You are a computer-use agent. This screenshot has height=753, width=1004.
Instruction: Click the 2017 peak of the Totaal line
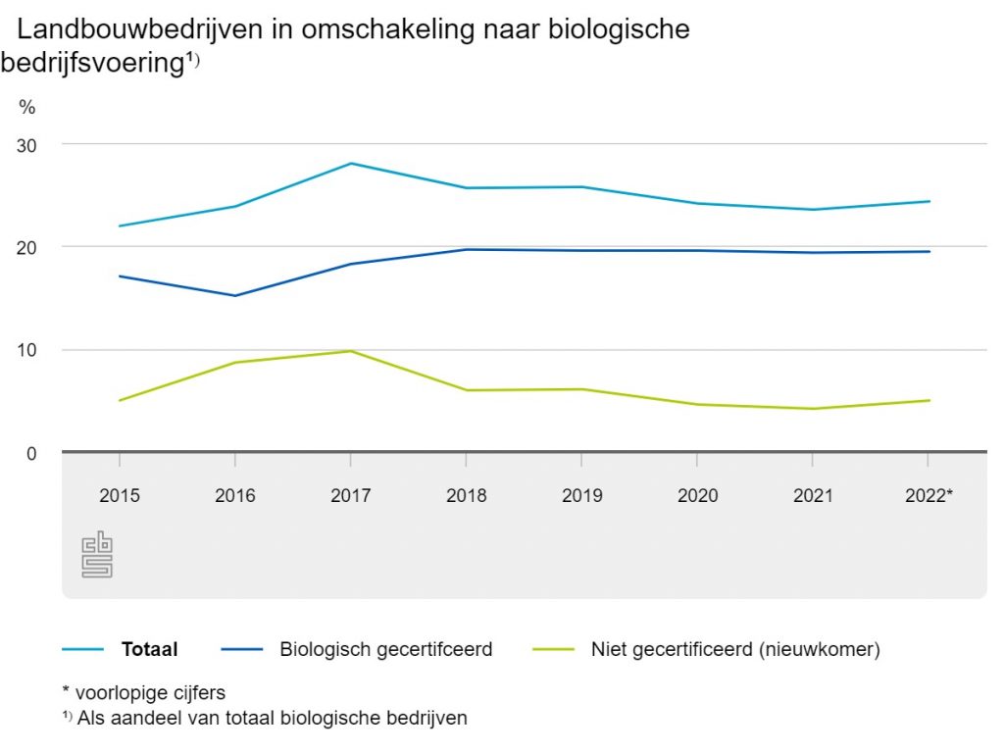[351, 164]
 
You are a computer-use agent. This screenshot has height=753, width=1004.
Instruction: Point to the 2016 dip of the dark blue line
[235, 295]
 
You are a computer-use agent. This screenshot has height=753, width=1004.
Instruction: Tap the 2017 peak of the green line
[351, 351]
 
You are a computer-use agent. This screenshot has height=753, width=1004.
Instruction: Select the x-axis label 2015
[120, 495]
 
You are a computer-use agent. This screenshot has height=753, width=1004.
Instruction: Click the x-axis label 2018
[467, 495]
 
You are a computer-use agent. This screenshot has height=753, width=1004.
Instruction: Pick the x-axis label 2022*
[929, 495]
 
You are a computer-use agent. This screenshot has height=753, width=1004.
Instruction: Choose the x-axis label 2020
[698, 495]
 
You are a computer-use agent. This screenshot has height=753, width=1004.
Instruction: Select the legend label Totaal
[150, 649]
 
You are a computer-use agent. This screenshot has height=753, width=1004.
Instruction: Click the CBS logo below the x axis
[97, 555]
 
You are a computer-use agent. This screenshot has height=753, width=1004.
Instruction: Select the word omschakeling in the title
[355, 29]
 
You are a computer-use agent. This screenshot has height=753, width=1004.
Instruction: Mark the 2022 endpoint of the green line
[929, 400]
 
